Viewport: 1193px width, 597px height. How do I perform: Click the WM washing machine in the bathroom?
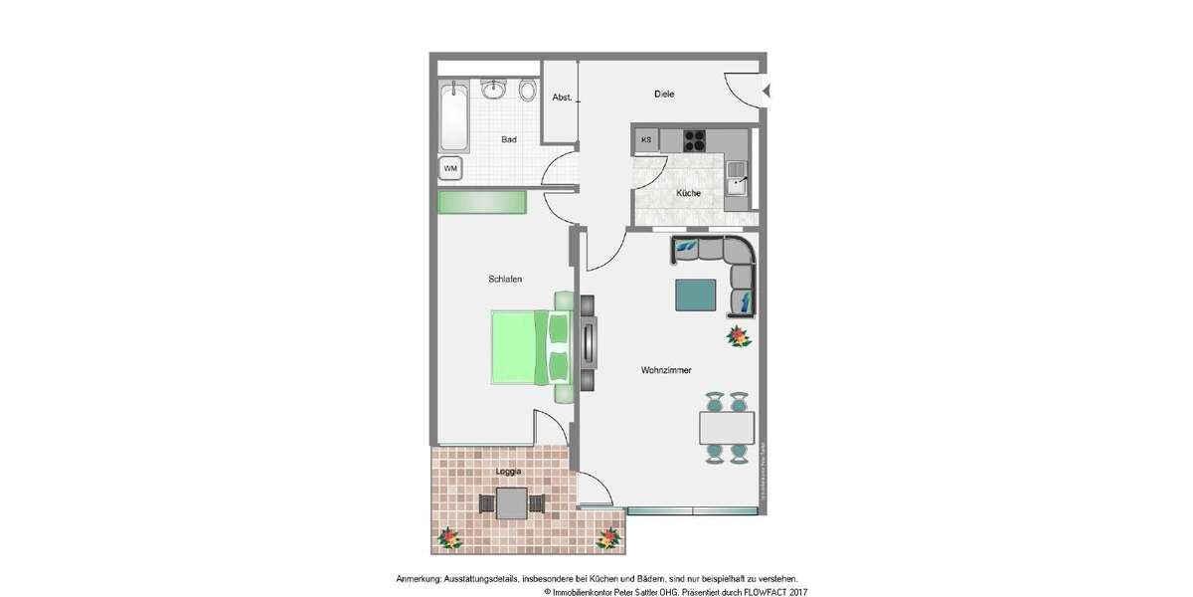[x=450, y=168]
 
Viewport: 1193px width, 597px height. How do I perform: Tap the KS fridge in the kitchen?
[x=646, y=139]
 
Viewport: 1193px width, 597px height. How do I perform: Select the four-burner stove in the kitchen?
[x=694, y=139]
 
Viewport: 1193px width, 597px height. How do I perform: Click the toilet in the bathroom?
[x=527, y=91]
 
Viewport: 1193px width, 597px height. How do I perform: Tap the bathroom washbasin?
[x=494, y=90]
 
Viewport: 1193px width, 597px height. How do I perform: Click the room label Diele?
[x=664, y=95]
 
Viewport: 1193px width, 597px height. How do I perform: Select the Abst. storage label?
[x=561, y=98]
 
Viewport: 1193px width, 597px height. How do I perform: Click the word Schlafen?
[x=505, y=279]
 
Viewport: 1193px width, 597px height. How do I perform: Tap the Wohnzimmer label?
[x=666, y=370]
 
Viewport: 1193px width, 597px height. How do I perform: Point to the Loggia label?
[x=508, y=472]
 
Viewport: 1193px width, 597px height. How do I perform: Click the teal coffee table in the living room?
[x=695, y=295]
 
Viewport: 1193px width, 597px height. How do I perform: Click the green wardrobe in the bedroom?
[x=481, y=202]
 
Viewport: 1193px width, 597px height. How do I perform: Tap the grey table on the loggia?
[x=511, y=503]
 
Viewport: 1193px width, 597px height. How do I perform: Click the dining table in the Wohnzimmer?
[x=726, y=428]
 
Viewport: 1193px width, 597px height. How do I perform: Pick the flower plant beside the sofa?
[x=739, y=336]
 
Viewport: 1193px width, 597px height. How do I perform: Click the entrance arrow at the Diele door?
[x=767, y=92]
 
